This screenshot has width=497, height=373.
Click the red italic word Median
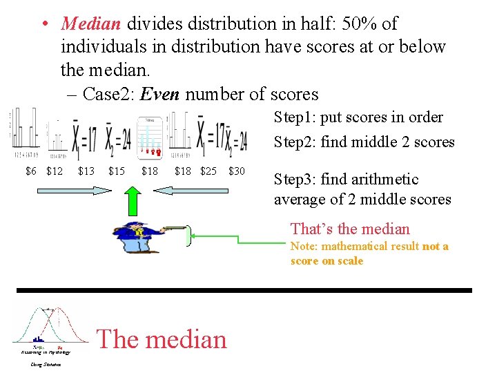pyautogui.click(x=91, y=23)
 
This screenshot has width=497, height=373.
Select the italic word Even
pyautogui.click(x=160, y=94)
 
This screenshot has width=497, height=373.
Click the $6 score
pyautogui.click(x=31, y=171)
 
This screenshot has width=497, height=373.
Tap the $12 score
pyautogui.click(x=55, y=171)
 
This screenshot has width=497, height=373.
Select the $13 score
pyautogui.click(x=86, y=171)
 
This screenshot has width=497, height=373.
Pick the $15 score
pyautogui.click(x=117, y=171)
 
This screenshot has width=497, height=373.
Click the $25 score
pyautogui.click(x=208, y=171)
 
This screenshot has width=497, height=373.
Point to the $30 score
pyautogui.click(x=236, y=171)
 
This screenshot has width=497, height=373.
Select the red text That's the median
pyautogui.click(x=350, y=229)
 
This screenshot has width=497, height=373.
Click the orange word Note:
pyautogui.click(x=306, y=246)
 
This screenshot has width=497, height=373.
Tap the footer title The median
pyautogui.click(x=162, y=339)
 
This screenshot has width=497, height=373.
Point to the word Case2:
pyautogui.click(x=108, y=94)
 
